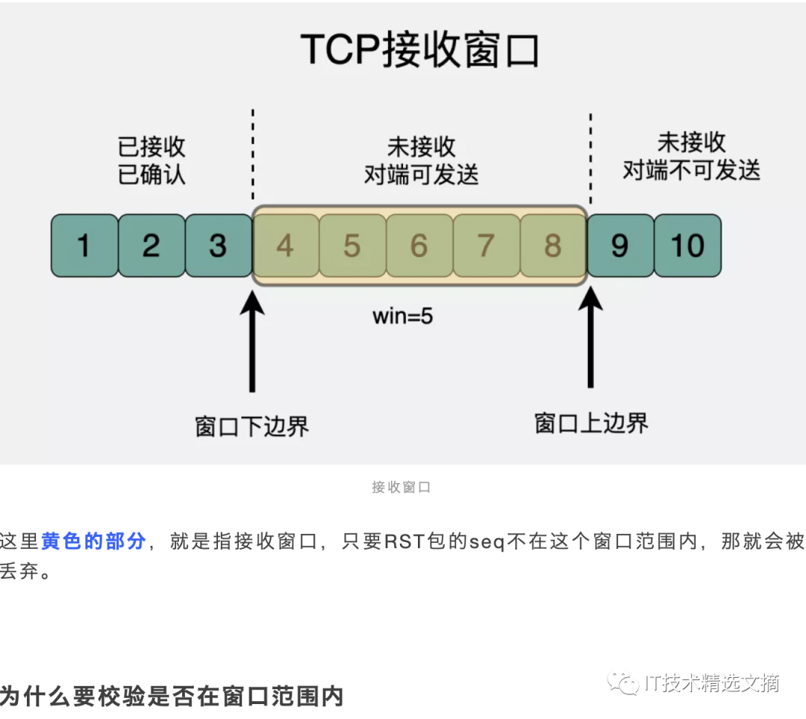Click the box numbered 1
pos(84,246)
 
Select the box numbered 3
pos(219,246)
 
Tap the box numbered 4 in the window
pos(285,246)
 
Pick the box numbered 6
pos(419,246)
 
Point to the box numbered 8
pos(553,246)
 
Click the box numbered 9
pos(620,246)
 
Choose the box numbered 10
pos(687,246)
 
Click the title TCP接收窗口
pos(420,51)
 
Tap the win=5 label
pos(403,316)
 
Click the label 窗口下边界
pos(252,426)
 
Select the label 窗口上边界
pos(591,423)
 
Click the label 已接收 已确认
pos(151,161)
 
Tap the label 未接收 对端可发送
pos(421,161)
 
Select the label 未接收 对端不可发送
pos(691,157)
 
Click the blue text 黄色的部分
pos(93,541)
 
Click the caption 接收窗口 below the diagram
pos(402,488)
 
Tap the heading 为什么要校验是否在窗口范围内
pos(172,696)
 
